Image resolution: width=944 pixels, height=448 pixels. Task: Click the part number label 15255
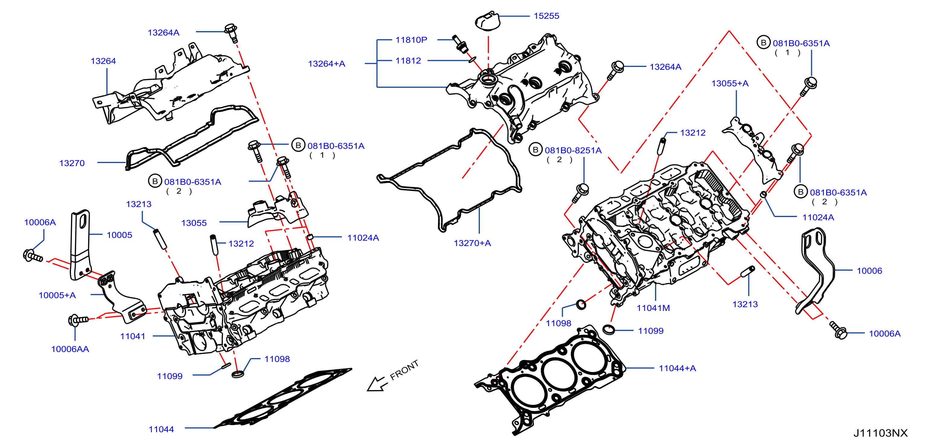click(546, 16)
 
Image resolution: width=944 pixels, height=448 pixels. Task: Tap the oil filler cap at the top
click(487, 21)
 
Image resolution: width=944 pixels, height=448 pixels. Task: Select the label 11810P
click(411, 40)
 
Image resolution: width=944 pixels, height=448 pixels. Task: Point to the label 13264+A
click(326, 64)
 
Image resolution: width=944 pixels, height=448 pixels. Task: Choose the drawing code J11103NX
click(880, 433)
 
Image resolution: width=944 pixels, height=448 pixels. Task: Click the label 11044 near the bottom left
click(161, 429)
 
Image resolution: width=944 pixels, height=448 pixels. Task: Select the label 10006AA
click(70, 349)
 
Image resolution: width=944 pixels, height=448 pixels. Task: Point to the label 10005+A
click(57, 295)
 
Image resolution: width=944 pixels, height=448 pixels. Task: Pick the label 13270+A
click(472, 243)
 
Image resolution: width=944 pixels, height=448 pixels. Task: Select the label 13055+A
click(730, 84)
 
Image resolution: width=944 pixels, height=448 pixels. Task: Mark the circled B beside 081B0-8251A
click(535, 150)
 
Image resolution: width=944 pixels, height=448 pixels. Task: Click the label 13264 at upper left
click(103, 61)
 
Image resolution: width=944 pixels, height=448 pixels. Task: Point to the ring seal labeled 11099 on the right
click(609, 329)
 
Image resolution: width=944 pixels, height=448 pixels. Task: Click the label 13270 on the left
click(72, 163)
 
